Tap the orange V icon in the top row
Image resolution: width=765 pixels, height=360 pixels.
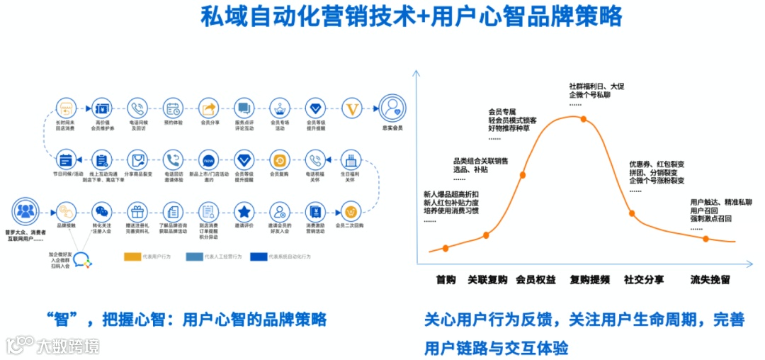point(351,108)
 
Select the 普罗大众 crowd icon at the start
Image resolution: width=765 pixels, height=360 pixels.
point(25,211)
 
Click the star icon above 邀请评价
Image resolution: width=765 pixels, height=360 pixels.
point(244,211)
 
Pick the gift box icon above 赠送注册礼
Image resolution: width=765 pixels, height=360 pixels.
point(137,211)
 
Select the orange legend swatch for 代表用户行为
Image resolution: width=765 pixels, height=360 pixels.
point(132,257)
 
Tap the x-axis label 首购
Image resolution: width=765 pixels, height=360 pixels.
point(446,279)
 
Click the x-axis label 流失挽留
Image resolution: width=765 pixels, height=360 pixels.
point(710,279)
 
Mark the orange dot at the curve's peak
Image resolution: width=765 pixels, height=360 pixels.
point(584,118)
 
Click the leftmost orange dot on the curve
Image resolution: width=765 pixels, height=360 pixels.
point(446,248)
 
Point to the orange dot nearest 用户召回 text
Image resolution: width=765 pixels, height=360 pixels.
point(706,238)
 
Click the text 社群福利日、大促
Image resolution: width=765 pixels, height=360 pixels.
point(596,86)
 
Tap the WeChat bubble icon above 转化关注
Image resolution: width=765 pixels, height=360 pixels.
point(103,211)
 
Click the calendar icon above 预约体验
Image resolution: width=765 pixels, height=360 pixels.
point(173,108)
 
